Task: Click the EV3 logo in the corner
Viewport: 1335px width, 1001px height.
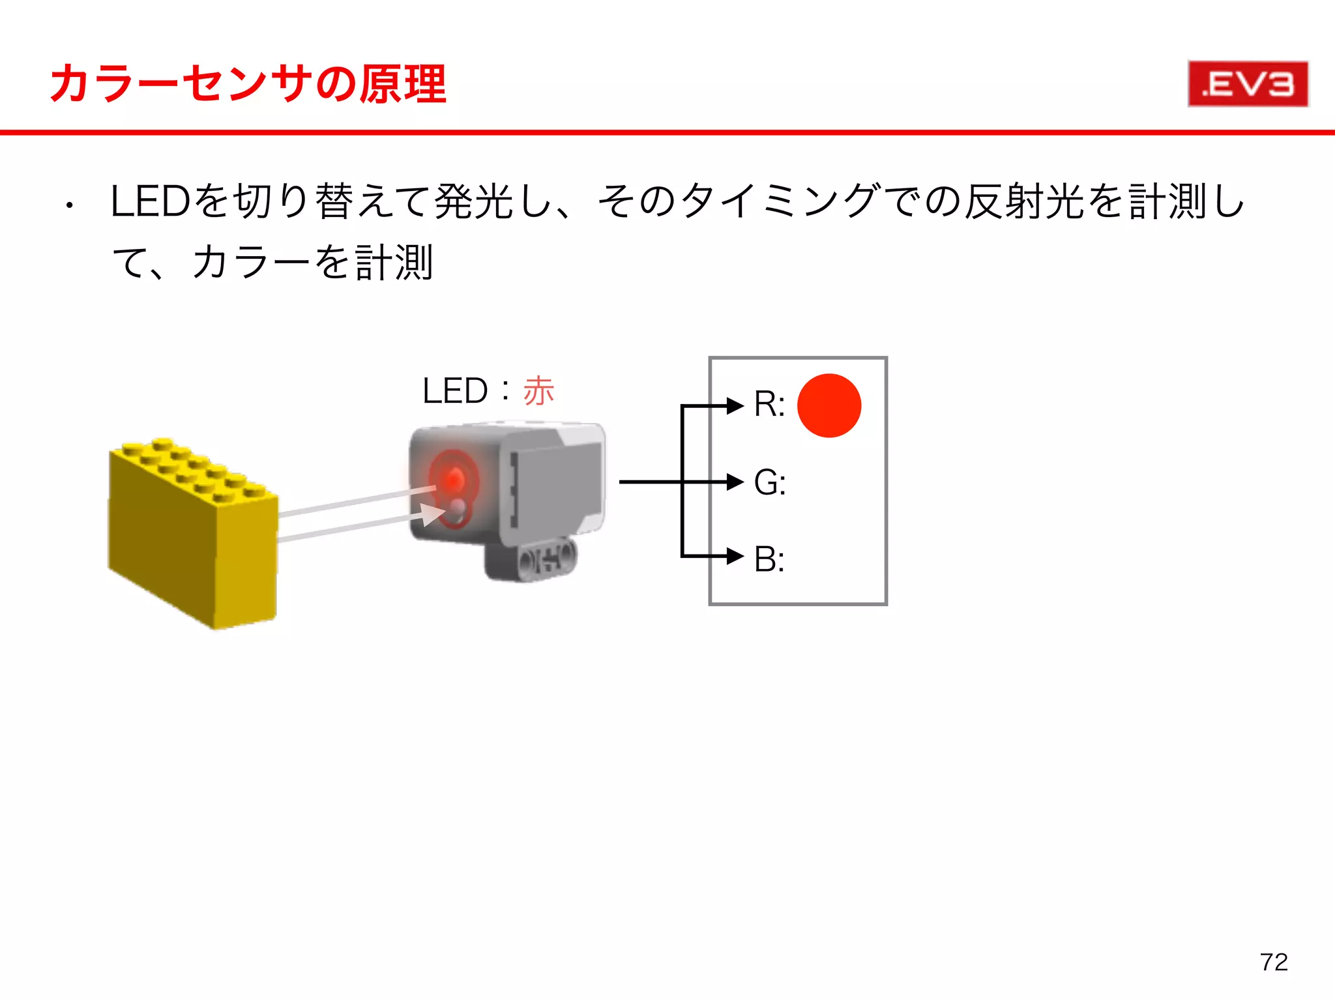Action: click(1248, 84)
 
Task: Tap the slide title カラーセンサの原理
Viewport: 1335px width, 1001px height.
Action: click(248, 85)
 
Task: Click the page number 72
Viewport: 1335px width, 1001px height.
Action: click(1274, 962)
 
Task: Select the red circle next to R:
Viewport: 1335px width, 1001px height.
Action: click(829, 405)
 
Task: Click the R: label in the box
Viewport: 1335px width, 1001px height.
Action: click(769, 404)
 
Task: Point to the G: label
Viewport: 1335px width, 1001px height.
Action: click(770, 483)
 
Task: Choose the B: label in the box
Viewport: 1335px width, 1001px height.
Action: click(769, 559)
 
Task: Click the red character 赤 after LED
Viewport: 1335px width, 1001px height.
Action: click(538, 391)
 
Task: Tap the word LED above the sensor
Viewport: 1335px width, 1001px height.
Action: click(455, 391)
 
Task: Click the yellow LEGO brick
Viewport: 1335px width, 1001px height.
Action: click(193, 534)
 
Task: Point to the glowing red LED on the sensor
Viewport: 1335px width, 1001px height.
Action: click(452, 478)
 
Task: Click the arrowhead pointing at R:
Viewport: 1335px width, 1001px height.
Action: click(735, 405)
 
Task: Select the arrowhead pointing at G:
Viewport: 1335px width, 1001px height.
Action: click(735, 482)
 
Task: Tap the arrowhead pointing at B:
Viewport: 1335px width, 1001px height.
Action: click(735, 557)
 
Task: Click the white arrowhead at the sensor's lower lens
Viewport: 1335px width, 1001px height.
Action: click(432, 514)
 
